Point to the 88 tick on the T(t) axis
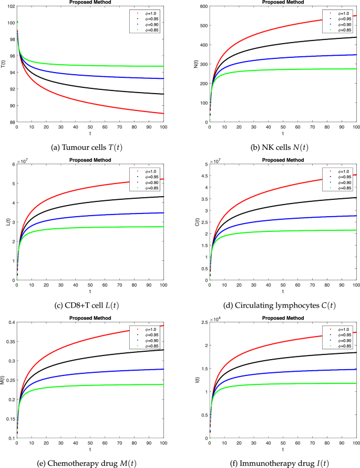click(x=11, y=122)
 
